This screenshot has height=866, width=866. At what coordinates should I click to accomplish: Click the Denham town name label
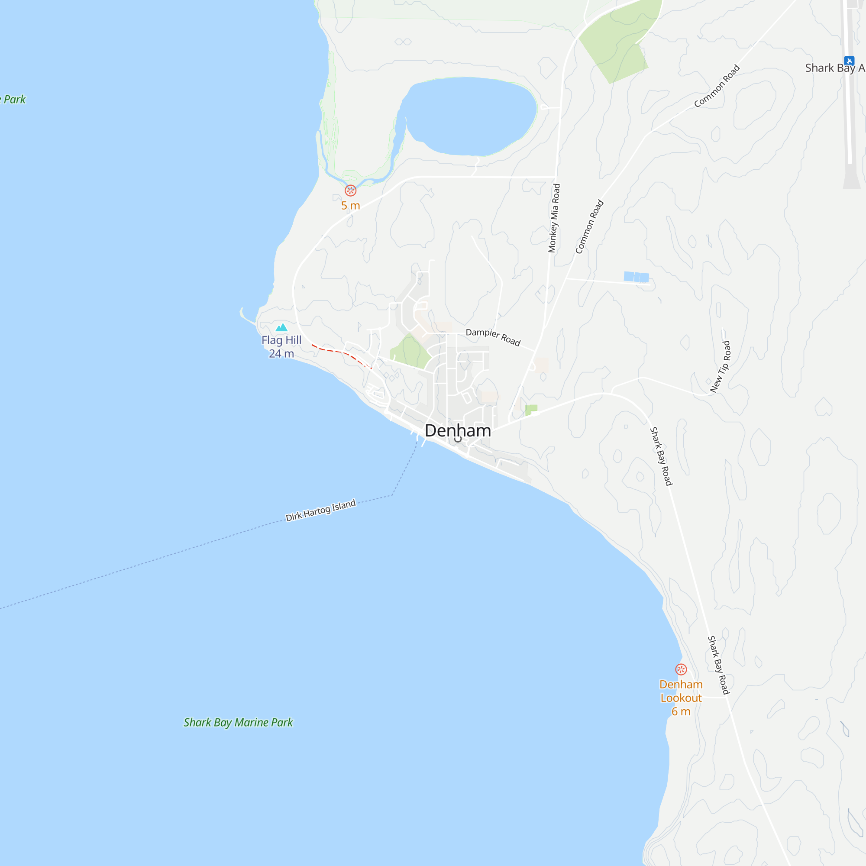point(458,431)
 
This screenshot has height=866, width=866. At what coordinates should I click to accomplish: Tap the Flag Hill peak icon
point(281,328)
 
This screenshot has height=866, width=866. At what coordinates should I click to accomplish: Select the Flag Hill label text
point(281,340)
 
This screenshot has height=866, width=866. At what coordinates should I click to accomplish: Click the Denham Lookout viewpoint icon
point(681,670)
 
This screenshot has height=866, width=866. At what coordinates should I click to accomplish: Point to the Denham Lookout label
point(681,691)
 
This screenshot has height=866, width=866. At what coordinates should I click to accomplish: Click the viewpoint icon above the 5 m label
point(351,191)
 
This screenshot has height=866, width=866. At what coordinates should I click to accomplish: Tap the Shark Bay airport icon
point(849,61)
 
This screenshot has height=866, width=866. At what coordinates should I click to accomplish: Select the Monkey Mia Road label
point(555,218)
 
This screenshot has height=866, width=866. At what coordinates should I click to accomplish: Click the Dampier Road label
point(493,337)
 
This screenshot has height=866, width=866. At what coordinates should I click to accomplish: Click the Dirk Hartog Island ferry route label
point(320,511)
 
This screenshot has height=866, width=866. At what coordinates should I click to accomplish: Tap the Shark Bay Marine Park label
point(238,723)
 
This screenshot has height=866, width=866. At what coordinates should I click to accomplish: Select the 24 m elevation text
point(281,354)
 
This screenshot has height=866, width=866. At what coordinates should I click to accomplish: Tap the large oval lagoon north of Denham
point(471,116)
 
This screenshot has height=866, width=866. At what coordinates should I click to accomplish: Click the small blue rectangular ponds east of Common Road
point(637,277)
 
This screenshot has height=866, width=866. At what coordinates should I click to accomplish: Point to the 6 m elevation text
point(681,711)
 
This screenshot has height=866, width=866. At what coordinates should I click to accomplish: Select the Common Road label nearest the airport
point(717,86)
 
